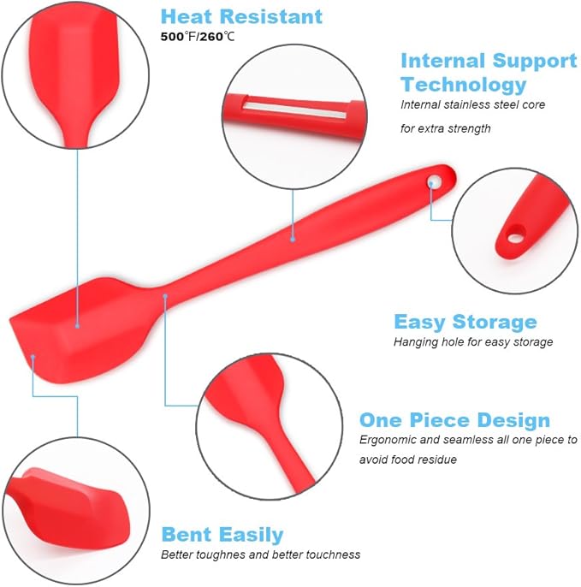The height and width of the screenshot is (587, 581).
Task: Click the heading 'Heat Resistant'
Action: [241, 16]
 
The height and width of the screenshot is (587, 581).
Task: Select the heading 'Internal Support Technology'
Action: [489, 73]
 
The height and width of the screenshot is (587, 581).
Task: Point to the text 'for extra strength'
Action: [447, 128]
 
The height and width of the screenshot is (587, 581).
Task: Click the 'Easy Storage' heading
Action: [465, 322]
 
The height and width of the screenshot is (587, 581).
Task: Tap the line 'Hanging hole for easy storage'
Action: [473, 341]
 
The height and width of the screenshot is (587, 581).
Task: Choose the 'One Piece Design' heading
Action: [454, 420]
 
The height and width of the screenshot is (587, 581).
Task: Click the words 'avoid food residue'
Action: [407, 460]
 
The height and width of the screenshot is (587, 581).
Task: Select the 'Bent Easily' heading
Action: [222, 535]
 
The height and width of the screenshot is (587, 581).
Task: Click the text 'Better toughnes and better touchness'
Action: [260, 554]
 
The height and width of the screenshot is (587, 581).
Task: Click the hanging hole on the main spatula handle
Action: [434, 181]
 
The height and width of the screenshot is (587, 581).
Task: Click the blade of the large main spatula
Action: [77, 321]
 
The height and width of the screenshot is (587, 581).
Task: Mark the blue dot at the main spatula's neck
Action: [165, 296]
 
